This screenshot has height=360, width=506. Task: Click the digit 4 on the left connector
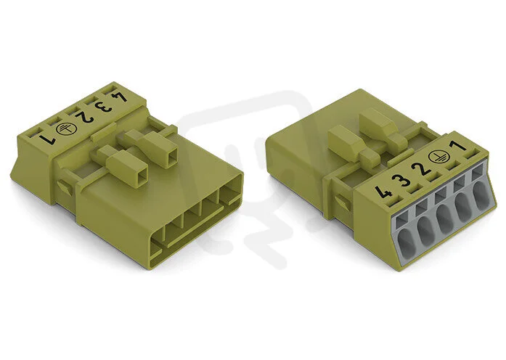coord(121,97)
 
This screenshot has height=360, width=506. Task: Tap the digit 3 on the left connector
coord(105,107)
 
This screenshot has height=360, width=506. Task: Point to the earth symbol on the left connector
coord(64,128)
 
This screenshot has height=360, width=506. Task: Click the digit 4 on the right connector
coord(384,192)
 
